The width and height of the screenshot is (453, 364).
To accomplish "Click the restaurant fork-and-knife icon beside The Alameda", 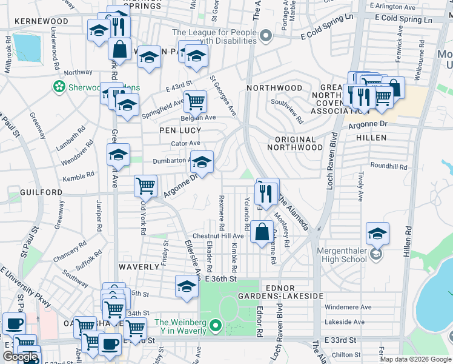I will pyautogui.click(x=266, y=191).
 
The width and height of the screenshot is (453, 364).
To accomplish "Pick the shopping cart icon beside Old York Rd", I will pyautogui.click(x=145, y=186).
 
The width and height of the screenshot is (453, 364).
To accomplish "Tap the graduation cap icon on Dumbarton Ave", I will pyautogui.click(x=202, y=162).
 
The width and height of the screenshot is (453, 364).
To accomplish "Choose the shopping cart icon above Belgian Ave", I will pyautogui.click(x=195, y=101).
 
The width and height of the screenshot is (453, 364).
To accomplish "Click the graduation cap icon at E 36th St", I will pyautogui.click(x=187, y=286).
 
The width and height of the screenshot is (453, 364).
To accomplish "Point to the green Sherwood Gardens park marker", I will pyautogui.click(x=59, y=87).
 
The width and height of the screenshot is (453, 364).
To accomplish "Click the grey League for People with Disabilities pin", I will pyautogui.click(x=265, y=38).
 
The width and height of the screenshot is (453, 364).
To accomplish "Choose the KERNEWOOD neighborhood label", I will pyautogui.click(x=42, y=21).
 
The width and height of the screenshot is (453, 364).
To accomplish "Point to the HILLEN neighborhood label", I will pyautogui.click(x=371, y=138).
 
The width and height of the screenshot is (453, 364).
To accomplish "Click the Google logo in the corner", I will pyautogui.click(x=20, y=357).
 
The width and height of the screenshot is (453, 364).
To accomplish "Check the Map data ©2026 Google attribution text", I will pyautogui.click(x=415, y=359).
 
